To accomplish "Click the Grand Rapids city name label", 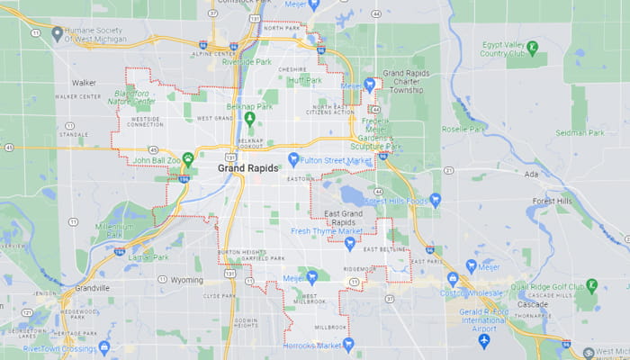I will point(247,168).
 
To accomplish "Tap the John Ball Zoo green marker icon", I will point(188,159).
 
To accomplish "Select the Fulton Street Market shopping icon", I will point(292,159).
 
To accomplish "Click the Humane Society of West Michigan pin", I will point(58,33).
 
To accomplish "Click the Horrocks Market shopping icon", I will point(349,344).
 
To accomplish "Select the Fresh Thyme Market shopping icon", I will point(349,243).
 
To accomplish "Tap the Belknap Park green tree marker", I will point(251,117).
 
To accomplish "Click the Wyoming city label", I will point(187,280).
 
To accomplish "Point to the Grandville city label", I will point(92,288).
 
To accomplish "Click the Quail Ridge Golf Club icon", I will point(591,285).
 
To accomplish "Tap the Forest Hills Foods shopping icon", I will point(436,201).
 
